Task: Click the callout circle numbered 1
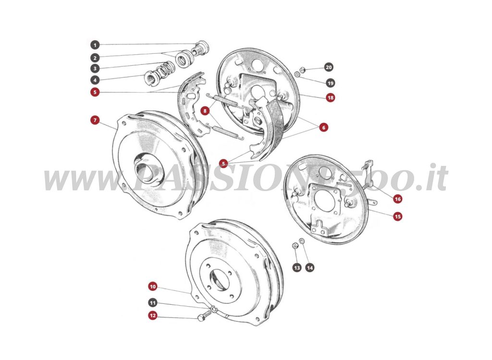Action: (95, 45)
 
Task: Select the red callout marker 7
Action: (95, 120)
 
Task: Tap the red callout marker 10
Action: (152, 287)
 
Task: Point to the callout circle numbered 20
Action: (329, 67)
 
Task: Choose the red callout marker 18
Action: (330, 97)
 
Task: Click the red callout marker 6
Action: (323, 127)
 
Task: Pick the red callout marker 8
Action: (205, 111)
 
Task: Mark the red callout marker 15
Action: (397, 216)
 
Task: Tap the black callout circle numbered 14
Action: (309, 267)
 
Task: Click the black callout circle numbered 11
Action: (152, 303)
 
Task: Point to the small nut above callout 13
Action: (295, 246)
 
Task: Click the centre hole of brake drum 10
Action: (220, 281)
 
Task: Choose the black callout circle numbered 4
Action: (95, 80)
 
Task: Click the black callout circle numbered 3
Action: (95, 69)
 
